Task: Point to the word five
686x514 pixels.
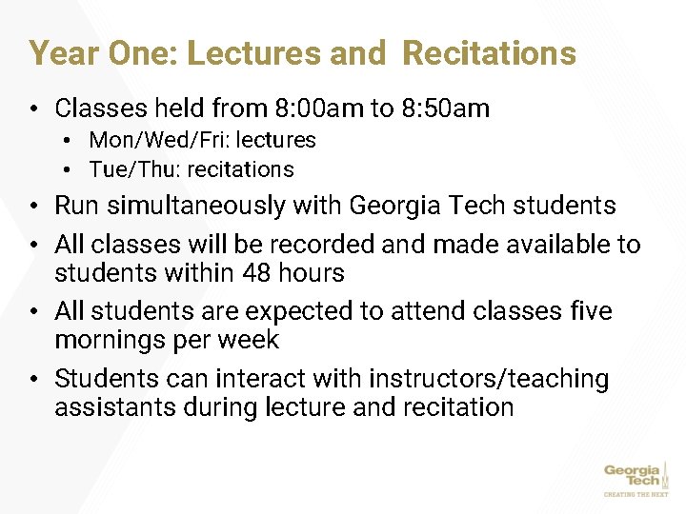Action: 590,311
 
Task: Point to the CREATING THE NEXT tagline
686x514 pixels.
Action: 636,494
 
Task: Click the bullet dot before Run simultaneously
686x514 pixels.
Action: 32,207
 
